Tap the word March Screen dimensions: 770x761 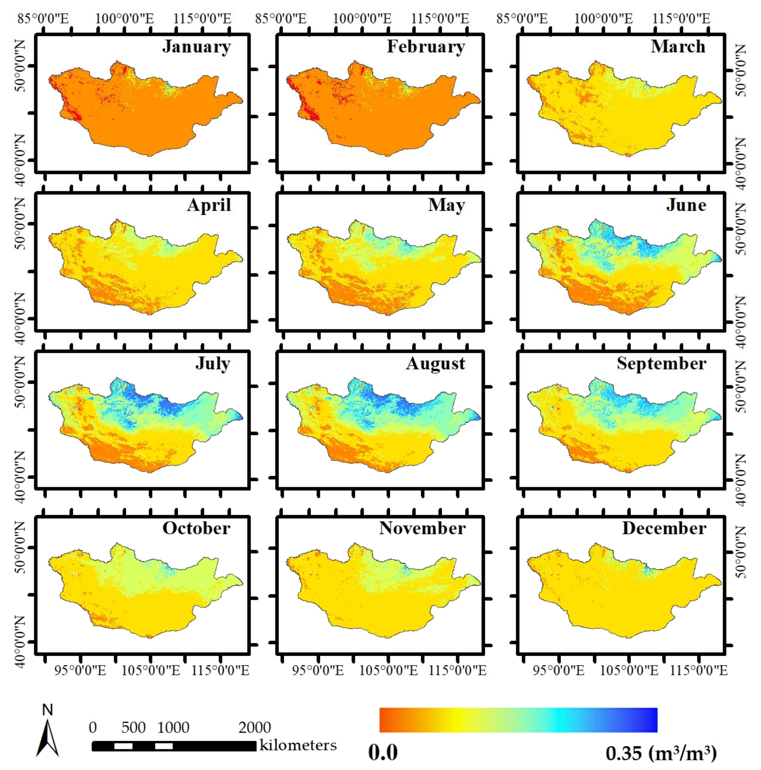[678, 47]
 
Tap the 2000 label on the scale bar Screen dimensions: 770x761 [254, 727]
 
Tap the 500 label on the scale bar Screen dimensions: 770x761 [133, 727]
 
